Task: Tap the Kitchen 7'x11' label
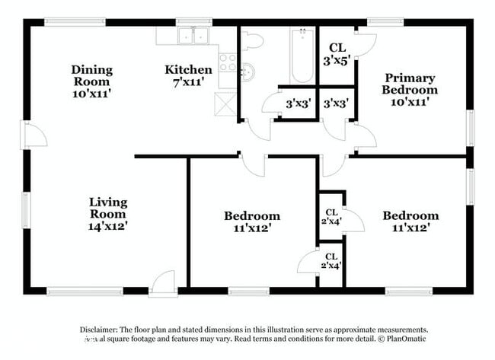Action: click(188, 75)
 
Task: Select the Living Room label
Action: click(107, 213)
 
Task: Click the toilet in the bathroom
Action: click(252, 40)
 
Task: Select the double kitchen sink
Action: click(193, 35)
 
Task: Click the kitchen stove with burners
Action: click(228, 60)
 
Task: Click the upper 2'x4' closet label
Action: click(331, 217)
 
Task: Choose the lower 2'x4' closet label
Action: click(331, 261)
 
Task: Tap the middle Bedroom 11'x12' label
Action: click(251, 221)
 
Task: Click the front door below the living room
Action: click(163, 285)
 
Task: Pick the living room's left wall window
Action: click(26, 209)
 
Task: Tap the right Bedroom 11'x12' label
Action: click(410, 221)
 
